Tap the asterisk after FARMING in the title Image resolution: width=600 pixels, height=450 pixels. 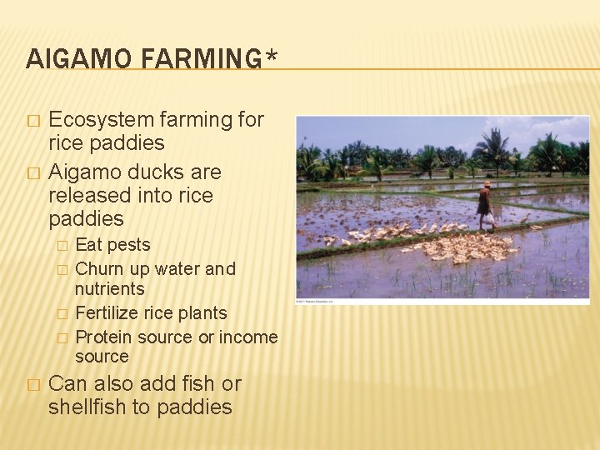pyautogui.click(x=271, y=57)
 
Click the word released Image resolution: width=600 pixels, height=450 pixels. pyautogui.click(x=90, y=196)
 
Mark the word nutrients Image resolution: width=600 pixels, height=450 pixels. pyautogui.click(x=110, y=289)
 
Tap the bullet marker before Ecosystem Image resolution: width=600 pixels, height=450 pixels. pyautogui.click(x=32, y=121)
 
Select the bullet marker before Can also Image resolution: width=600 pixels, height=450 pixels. pyautogui.click(x=32, y=386)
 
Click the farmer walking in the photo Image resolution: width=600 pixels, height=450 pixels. pyautogui.click(x=484, y=205)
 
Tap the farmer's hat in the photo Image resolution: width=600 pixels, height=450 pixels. pyautogui.click(x=487, y=183)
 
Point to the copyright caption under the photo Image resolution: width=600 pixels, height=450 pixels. pyautogui.click(x=317, y=301)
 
